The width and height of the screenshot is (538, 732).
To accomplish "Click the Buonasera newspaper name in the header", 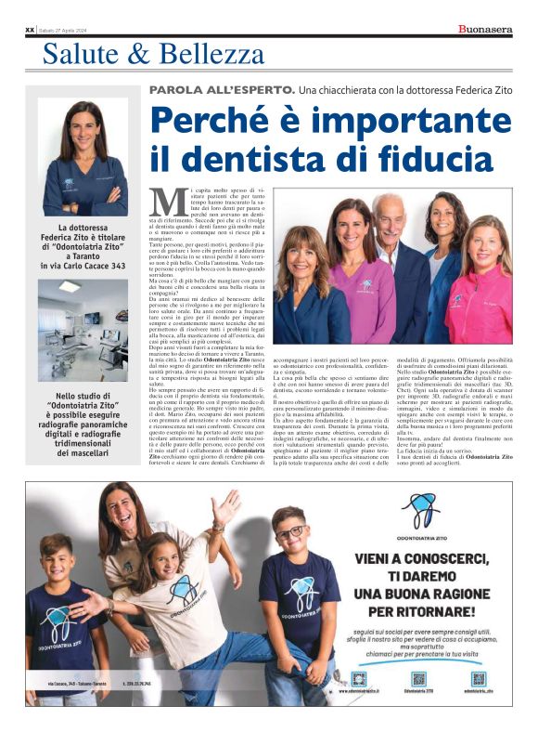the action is click(485, 30).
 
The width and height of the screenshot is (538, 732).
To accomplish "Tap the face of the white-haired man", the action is click(391, 215).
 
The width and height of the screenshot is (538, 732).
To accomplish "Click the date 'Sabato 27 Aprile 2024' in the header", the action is click(67, 31).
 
